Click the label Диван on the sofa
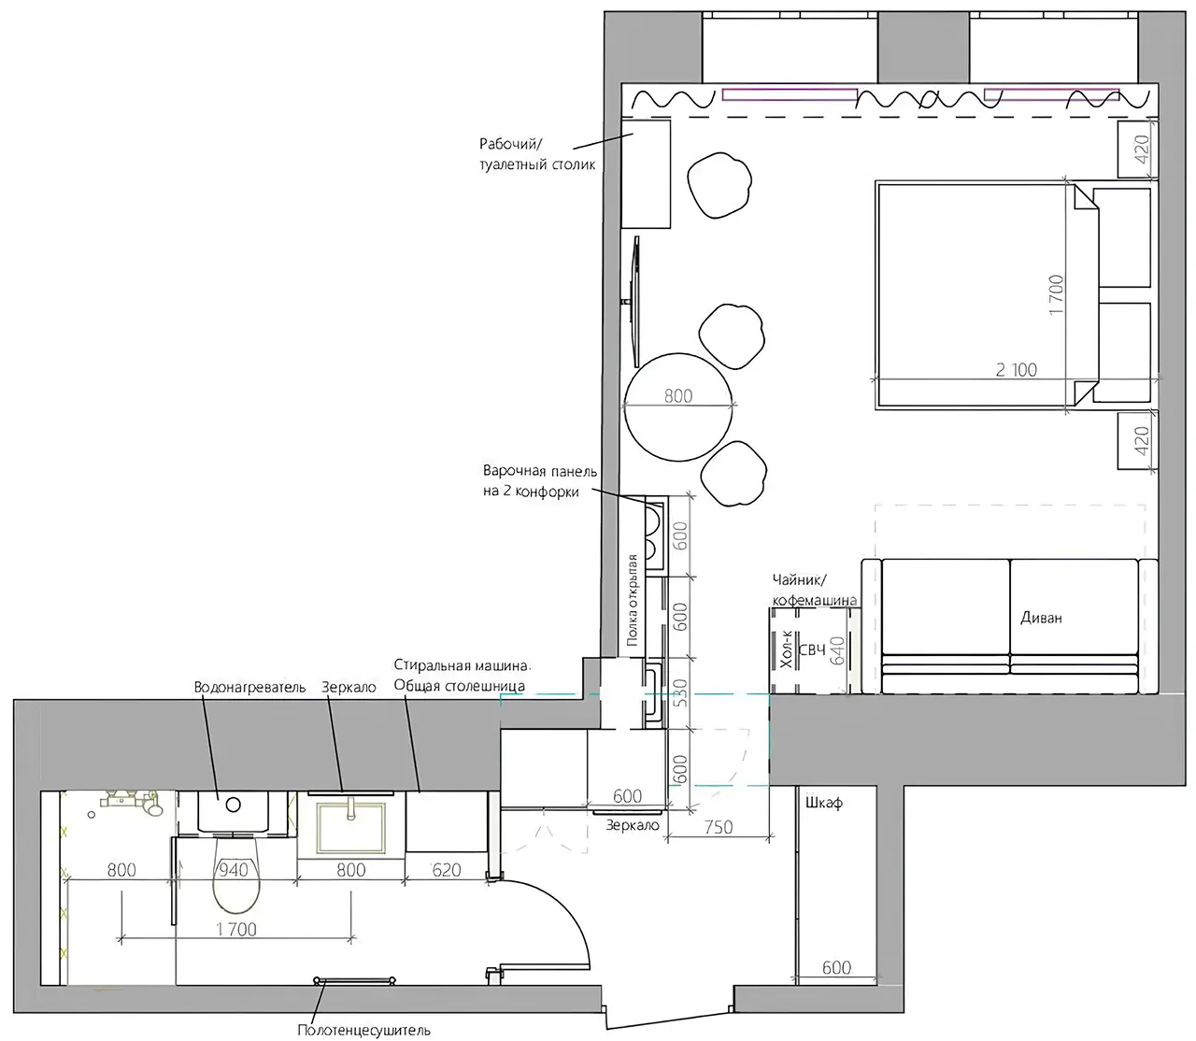point(1041,618)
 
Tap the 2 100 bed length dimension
point(1016,370)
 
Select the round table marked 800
point(678,407)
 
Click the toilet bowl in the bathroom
point(236,877)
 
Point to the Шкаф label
point(824,804)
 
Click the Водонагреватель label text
point(249,688)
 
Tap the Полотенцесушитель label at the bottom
point(363,1030)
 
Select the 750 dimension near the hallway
point(719,827)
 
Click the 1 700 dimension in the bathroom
point(236,930)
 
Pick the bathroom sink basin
point(350,827)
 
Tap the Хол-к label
point(787,649)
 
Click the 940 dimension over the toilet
point(234,870)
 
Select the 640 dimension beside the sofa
point(837,649)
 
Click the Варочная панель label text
point(540,471)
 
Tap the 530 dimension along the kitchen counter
point(680,693)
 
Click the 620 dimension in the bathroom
point(447,870)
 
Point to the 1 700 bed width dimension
point(1056,295)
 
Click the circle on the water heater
point(234,805)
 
